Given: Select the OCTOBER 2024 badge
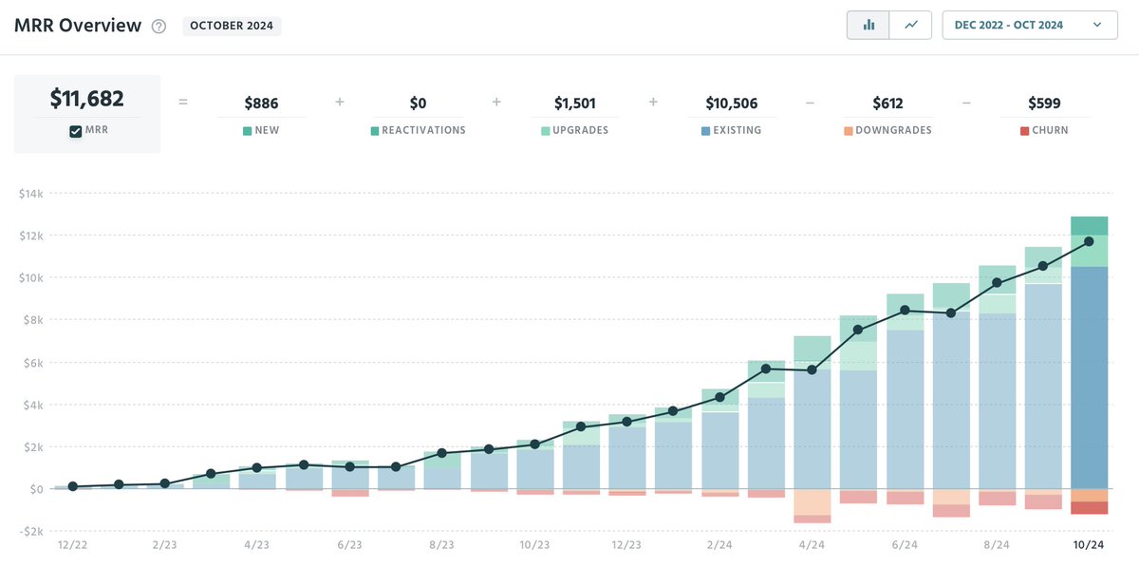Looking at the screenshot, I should click(232, 26).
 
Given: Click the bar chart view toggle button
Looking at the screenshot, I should click(868, 25).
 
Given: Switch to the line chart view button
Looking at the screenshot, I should click(910, 25).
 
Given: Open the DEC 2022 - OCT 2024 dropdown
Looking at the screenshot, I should click(1030, 25).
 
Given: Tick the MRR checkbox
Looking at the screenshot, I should click(76, 131).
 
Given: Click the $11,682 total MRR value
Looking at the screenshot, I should click(86, 99).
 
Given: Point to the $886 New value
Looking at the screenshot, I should click(261, 104).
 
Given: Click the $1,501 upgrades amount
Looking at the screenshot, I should click(574, 104).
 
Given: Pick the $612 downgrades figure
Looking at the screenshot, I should click(887, 104).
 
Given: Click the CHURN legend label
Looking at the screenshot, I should click(1049, 130).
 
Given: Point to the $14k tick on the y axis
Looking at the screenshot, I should click(31, 194).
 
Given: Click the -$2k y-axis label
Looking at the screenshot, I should click(31, 532).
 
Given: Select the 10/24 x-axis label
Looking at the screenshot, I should click(1089, 545).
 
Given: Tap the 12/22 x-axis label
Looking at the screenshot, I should click(72, 545).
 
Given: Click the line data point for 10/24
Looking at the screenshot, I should click(1089, 241).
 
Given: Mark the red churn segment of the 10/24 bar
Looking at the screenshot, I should click(1089, 508).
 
